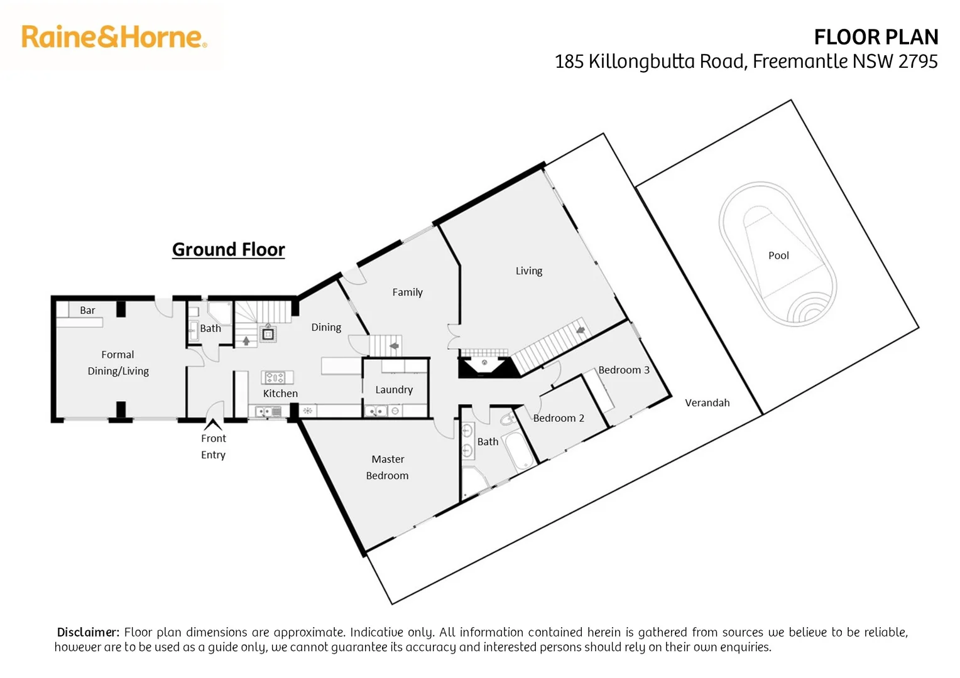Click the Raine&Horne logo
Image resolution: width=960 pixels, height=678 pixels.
point(114,37)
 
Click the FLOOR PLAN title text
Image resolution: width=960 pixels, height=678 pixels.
point(876,37)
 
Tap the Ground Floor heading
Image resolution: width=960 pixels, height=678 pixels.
point(229,249)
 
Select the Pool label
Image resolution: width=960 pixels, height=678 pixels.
point(778,256)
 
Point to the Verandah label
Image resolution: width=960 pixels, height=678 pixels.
point(707,403)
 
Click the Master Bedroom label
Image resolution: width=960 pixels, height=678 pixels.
point(388,467)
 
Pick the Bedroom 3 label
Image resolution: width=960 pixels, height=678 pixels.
point(623,370)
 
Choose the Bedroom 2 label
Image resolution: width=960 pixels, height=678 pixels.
point(559,418)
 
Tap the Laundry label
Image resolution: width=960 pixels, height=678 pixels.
point(394,390)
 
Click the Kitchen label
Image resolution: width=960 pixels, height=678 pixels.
point(280,394)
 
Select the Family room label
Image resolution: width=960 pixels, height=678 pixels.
point(407,292)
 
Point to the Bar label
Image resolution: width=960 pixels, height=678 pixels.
point(87,310)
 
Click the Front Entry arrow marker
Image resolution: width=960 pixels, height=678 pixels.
point(213,425)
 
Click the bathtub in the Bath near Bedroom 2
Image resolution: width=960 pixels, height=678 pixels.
point(520,450)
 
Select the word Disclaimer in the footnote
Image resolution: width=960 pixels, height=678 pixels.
point(88,632)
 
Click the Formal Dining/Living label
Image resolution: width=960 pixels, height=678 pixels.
point(118,363)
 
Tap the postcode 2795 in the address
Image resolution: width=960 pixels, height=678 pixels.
point(918,62)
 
